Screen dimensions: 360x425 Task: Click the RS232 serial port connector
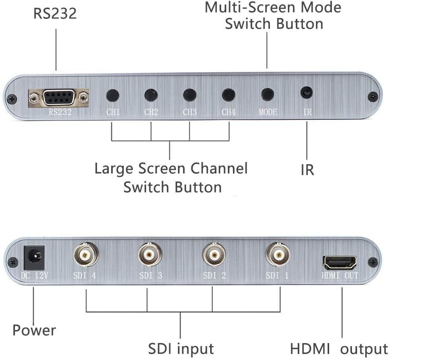58,97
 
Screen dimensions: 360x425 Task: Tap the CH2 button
151,95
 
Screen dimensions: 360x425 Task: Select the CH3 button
190,95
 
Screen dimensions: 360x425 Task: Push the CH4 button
229,95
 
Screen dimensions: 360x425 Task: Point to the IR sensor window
307,93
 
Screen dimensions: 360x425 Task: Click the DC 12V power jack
34,256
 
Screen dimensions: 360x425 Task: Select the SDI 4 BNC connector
84,255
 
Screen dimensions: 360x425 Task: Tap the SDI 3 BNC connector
150,255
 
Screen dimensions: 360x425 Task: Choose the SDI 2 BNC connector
214,255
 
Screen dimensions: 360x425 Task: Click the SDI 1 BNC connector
278,255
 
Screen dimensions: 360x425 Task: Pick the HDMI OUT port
339,262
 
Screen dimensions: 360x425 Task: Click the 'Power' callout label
34,330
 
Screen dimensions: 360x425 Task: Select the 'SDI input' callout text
181,349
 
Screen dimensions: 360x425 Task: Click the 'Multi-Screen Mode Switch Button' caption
273,15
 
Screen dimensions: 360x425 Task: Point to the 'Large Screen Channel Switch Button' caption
171,178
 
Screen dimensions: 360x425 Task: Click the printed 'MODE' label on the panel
268,112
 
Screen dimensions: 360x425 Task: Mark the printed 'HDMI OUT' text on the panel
340,276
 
